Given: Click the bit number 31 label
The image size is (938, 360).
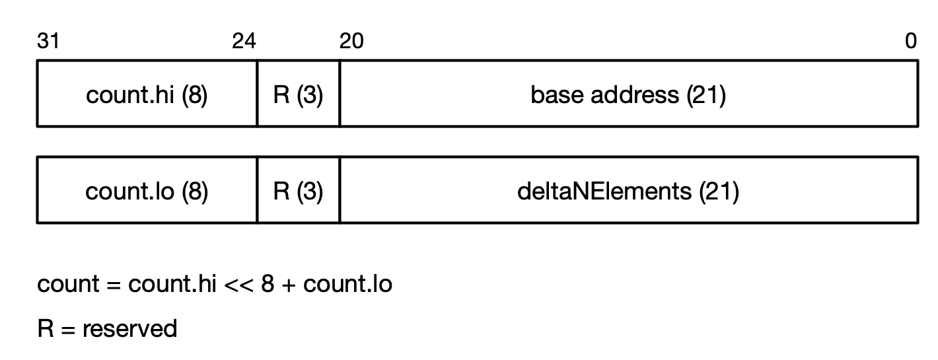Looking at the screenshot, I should point(48,42).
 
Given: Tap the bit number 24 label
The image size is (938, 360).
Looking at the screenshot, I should point(244,42).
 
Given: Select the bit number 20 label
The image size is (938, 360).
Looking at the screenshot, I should point(351,42).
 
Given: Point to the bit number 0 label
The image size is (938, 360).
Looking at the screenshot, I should point(911,42).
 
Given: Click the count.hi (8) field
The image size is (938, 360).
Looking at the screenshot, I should point(147,95).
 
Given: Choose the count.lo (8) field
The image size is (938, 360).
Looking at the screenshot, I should point(147,192).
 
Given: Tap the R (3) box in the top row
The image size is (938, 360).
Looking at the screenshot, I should point(298,95).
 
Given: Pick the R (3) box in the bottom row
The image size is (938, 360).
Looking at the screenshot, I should point(298,192).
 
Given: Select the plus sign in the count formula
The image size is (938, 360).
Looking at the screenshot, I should point(288,285).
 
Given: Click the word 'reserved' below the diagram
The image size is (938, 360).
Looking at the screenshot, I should point(129,328).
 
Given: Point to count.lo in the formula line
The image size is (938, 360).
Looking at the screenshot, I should point(347,285).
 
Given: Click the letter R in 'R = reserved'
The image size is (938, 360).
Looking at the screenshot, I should point(45,328).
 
